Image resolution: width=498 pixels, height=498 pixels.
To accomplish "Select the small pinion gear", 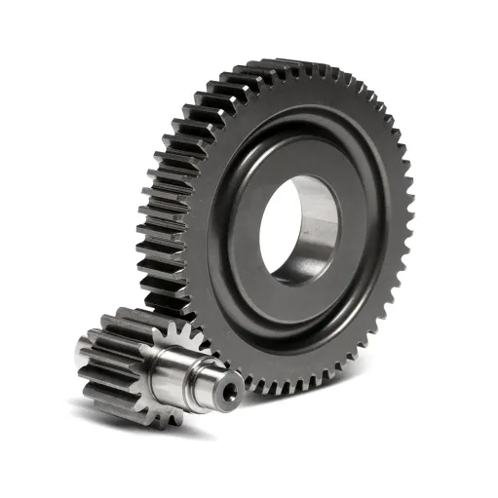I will tap(136, 361).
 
